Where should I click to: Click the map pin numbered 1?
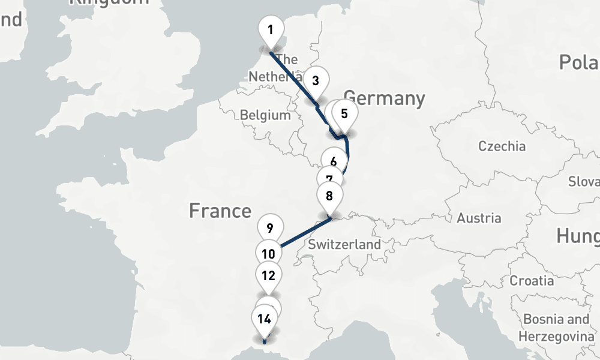click(x=271, y=31)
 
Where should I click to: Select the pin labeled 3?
click(x=316, y=81)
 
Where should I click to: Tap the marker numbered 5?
click(x=344, y=115)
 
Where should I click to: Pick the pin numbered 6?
click(x=334, y=161)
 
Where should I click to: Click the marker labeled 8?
click(x=329, y=196)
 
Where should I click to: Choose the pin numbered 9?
click(x=270, y=229)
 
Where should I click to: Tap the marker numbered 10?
click(x=269, y=254)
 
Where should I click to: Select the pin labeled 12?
click(x=269, y=277)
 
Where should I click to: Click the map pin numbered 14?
click(x=264, y=319)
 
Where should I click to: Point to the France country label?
click(x=220, y=211)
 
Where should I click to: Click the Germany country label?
click(x=384, y=98)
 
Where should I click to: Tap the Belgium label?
click(x=265, y=115)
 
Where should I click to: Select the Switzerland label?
click(x=344, y=245)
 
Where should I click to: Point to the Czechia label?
click(x=502, y=146)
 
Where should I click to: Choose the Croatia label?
click(x=532, y=280)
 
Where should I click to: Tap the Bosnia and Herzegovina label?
click(x=556, y=327)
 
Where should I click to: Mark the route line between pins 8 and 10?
click(x=303, y=232)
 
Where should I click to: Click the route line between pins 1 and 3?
click(x=292, y=76)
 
